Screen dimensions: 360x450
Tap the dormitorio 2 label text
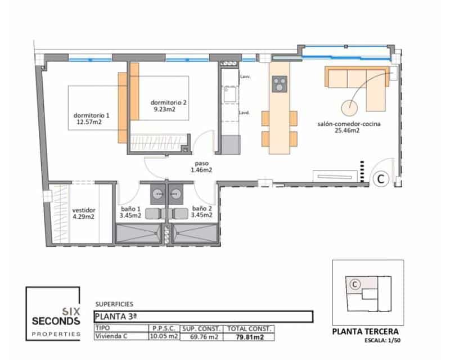tap(168, 106)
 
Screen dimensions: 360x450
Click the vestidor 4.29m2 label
tap(83, 213)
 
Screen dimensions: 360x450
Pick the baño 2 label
tap(201, 212)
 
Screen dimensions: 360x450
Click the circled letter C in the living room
tap(380, 179)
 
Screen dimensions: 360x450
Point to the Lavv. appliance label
tap(245, 76)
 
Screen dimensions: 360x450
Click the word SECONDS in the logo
tap(56, 321)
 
